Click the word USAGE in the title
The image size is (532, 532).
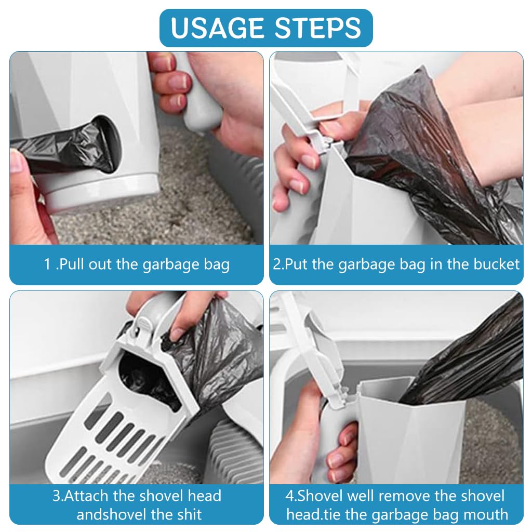coord(217,28)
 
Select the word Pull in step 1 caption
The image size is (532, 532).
coord(72,264)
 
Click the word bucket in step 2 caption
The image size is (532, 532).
coord(496,264)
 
